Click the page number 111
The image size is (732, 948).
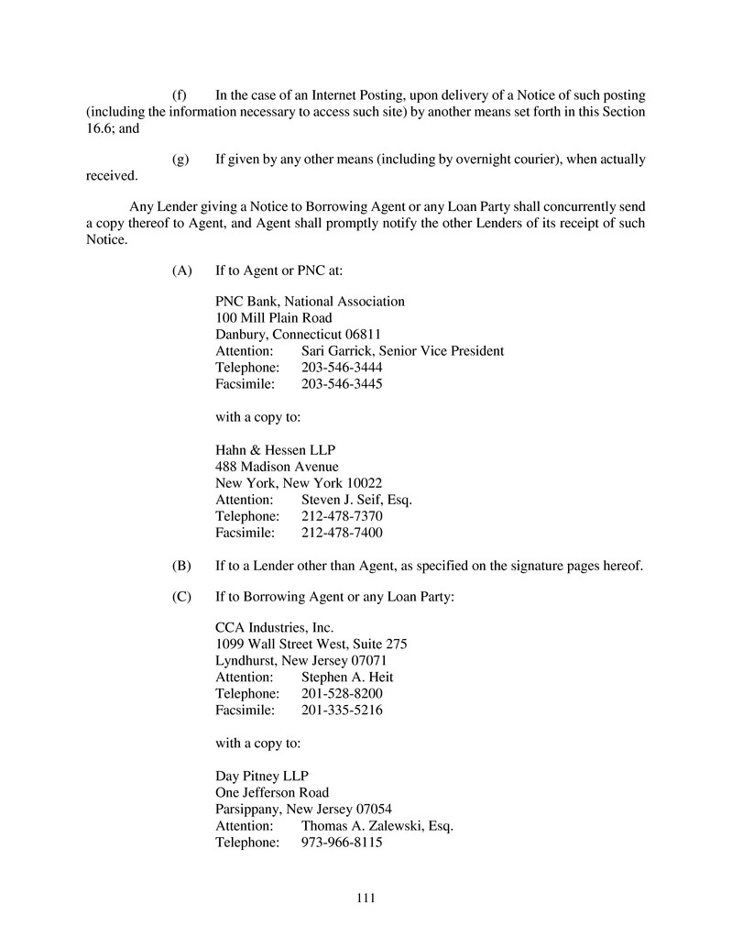pyautogui.click(x=366, y=898)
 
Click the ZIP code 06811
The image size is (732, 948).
pyautogui.click(x=362, y=335)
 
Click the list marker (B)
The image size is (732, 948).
pyautogui.click(x=181, y=566)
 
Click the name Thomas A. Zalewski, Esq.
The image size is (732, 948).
pyautogui.click(x=377, y=826)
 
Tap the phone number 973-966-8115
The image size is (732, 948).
pyautogui.click(x=342, y=843)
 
